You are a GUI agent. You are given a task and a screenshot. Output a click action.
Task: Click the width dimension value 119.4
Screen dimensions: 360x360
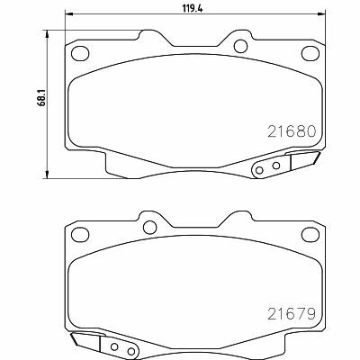(193, 8)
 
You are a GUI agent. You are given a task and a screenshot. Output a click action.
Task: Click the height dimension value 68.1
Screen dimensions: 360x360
(41, 95)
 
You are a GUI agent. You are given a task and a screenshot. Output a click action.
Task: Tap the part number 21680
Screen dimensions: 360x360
(292, 131)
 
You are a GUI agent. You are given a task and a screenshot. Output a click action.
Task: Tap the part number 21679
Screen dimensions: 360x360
(292, 313)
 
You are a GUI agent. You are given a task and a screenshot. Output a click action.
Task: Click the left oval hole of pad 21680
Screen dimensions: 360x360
(80, 53)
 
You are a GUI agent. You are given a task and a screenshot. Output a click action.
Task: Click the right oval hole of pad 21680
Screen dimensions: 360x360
(310, 53)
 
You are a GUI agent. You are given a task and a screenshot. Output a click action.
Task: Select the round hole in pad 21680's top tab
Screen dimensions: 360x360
(240, 46)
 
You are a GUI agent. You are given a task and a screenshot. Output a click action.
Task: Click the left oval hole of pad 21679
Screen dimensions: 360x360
(80, 234)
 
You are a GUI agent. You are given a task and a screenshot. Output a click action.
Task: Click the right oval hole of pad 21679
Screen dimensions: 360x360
(310, 234)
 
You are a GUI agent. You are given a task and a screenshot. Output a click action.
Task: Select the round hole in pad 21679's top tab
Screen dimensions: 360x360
(149, 228)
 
